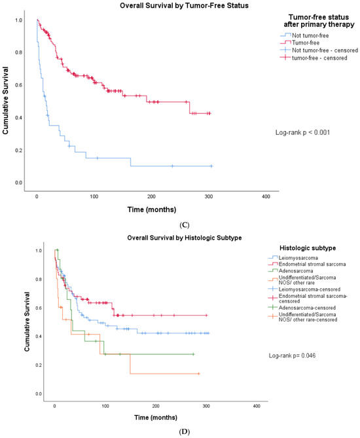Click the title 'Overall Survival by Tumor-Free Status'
click(x=184, y=6)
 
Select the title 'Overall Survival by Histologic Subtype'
click(x=185, y=238)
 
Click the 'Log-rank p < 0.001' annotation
click(x=302, y=132)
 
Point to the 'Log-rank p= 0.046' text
click(x=292, y=356)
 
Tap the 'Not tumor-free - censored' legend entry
click(x=319, y=50)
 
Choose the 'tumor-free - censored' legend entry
click(x=314, y=58)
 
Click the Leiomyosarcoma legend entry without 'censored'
click(x=293, y=258)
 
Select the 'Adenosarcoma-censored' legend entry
click(x=302, y=308)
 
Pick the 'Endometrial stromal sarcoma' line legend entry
click(x=307, y=265)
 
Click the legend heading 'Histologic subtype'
click(x=308, y=248)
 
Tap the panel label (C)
click(x=185, y=225)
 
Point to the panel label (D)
click(x=185, y=432)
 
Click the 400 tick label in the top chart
click(x=266, y=196)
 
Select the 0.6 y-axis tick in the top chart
click(x=19, y=85)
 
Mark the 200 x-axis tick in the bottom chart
click(x=156, y=406)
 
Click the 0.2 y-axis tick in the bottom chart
click(x=38, y=365)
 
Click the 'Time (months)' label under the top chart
click(x=152, y=210)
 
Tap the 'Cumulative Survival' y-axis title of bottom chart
click(x=27, y=322)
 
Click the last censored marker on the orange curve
click(x=198, y=373)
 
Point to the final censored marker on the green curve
click(x=193, y=354)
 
